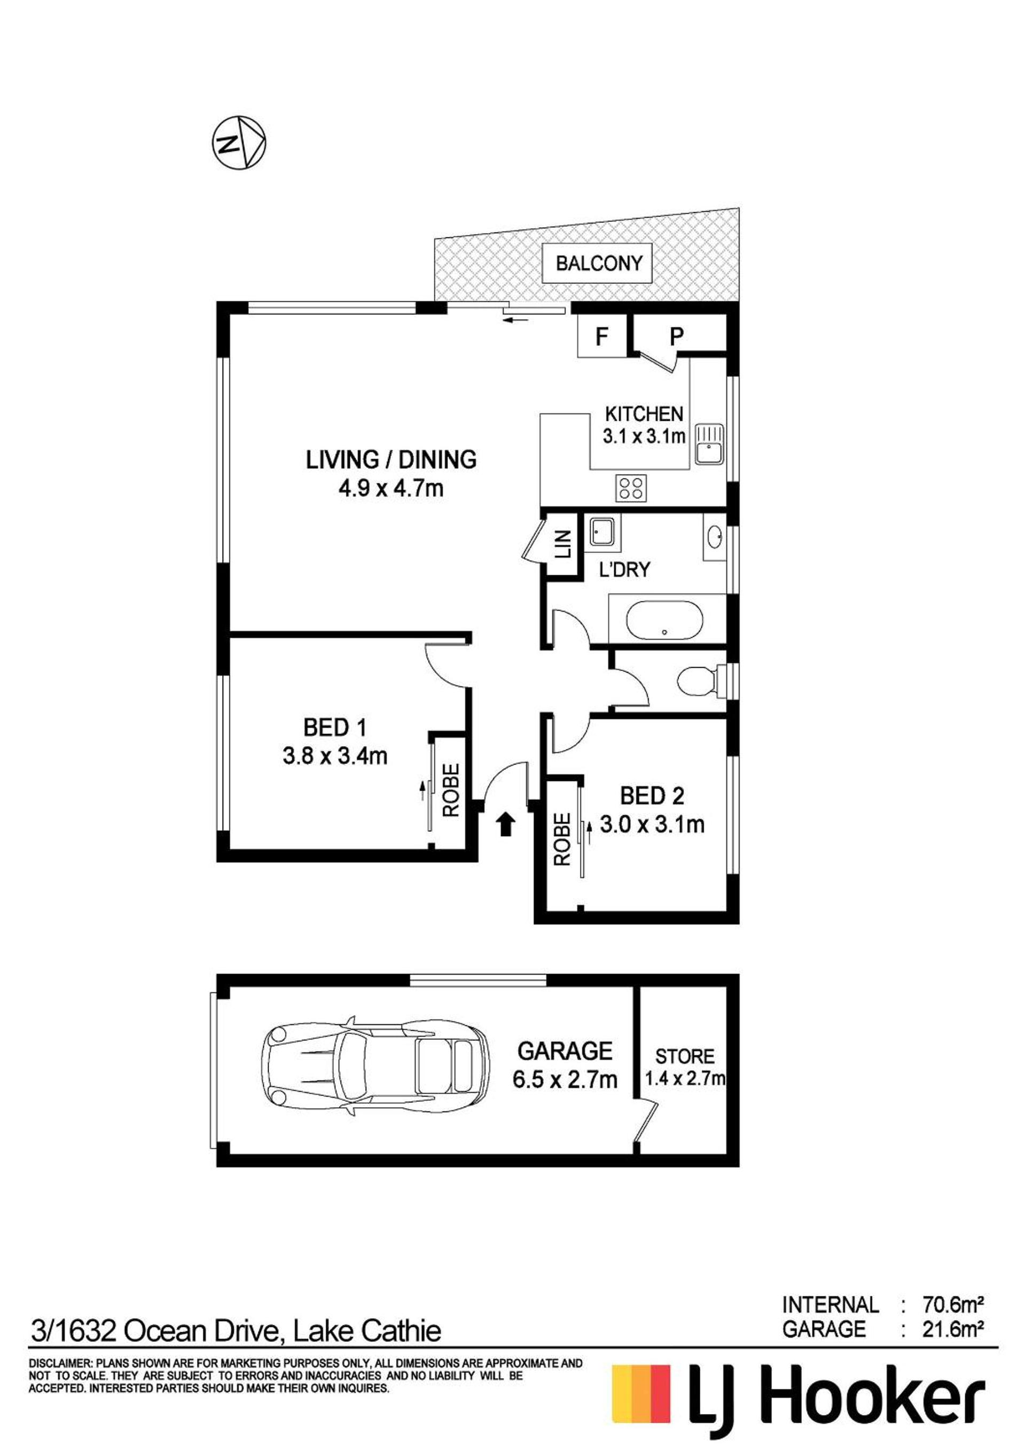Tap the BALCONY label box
598,262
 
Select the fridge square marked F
601,336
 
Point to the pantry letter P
677,336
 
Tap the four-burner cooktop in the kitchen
631,488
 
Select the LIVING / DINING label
391,459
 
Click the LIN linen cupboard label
563,543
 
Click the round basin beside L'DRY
715,537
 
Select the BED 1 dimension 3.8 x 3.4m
334,756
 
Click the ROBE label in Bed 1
451,791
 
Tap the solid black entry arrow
505,825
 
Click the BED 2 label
652,795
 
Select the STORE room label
684,1056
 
